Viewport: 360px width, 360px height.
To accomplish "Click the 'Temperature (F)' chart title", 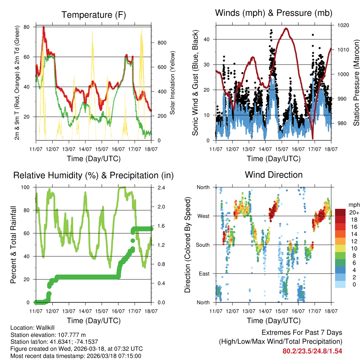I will tap(94, 15).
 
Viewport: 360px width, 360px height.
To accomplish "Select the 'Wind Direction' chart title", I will tap(274, 175).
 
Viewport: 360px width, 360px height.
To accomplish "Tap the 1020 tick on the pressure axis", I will tap(343, 25).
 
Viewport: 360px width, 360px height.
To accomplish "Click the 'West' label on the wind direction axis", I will tap(203, 216).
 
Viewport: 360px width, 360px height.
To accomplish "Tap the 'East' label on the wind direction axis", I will tap(204, 274).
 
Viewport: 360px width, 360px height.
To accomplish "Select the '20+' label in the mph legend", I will tap(354, 213).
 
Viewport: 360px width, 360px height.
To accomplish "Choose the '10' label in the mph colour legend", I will tap(352, 249).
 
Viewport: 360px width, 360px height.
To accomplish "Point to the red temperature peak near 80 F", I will tap(44, 27).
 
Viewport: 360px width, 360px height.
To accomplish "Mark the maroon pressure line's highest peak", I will tap(286, 28).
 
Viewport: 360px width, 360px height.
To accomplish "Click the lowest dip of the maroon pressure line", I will tap(313, 138).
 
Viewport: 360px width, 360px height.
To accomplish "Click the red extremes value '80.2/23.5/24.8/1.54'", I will tap(312, 351).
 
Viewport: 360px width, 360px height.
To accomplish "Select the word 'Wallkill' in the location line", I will tap(41, 327).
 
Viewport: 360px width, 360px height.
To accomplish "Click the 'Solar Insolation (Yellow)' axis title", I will tap(173, 83).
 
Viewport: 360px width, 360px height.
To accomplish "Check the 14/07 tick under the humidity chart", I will tap(85, 311).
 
